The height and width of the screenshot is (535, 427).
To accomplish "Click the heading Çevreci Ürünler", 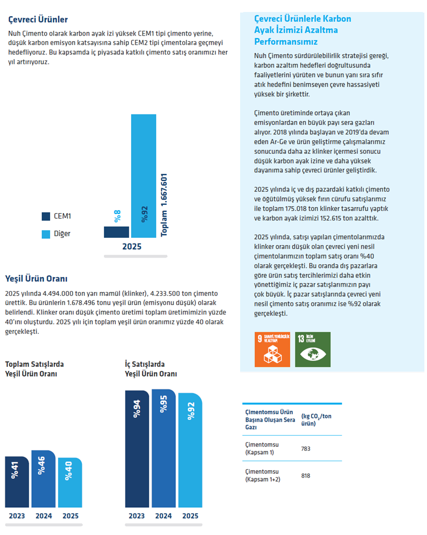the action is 38,19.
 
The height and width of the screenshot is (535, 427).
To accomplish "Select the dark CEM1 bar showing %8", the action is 116,232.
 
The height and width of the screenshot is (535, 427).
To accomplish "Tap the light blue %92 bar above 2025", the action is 144,176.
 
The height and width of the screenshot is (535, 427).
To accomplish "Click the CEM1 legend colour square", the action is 46,216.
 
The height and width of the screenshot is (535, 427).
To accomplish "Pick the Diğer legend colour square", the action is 46,235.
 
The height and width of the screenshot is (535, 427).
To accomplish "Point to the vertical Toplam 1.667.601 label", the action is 164,205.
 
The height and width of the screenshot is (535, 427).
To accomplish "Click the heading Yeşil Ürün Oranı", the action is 36,279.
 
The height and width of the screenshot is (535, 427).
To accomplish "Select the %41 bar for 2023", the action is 17,482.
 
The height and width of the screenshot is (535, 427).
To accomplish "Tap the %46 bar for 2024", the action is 43,479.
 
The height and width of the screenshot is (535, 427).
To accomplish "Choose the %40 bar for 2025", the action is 70,482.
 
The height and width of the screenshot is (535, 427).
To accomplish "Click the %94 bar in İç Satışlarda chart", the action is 137,449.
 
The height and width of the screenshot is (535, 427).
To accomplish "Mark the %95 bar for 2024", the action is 163,448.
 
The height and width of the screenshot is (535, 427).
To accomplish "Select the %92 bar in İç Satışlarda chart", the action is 190,450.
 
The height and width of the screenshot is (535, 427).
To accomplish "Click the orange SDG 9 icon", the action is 272,350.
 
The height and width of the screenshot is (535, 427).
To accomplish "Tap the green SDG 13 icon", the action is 313,350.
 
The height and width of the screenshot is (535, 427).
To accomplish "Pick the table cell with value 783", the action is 306,449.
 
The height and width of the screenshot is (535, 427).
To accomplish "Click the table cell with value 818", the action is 306,475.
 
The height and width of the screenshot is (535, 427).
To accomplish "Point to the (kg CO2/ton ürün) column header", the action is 316,420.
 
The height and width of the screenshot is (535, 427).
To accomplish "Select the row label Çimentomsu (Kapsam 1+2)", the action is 263,475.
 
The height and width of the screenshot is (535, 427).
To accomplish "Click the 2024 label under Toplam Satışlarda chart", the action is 44,516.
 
